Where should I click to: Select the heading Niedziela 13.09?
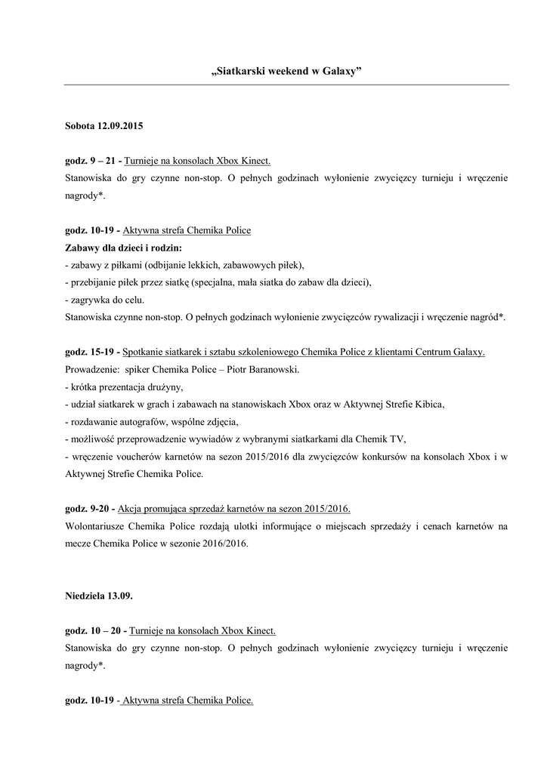[100, 596]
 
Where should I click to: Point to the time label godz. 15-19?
[90, 352]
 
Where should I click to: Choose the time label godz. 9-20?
[88, 508]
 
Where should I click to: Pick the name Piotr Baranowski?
[264, 370]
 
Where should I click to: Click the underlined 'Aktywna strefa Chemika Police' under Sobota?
[187, 230]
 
